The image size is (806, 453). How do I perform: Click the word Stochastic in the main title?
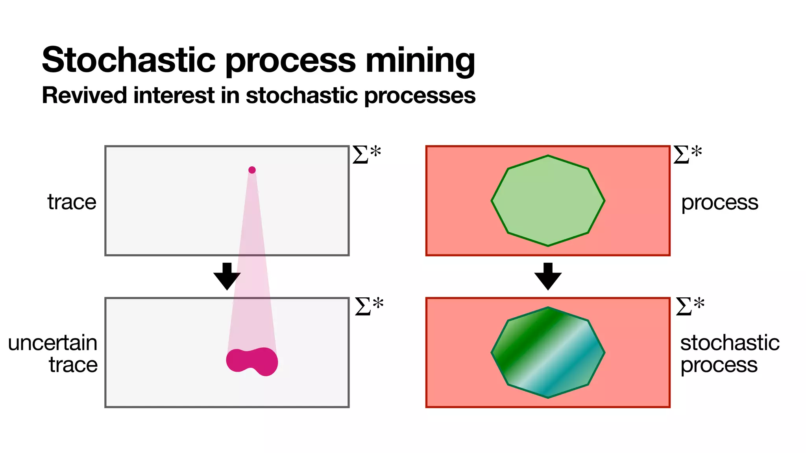point(129,60)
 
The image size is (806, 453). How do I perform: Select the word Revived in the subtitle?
point(84,96)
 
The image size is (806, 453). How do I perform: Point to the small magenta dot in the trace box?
point(252,170)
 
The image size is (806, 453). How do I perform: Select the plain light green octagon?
point(548,201)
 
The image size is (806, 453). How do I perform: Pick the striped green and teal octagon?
point(548,352)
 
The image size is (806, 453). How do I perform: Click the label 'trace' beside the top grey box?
point(72,202)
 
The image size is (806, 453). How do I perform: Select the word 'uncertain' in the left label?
point(53,343)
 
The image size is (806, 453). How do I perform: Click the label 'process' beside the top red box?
point(719,203)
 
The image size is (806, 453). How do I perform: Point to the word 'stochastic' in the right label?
point(730,343)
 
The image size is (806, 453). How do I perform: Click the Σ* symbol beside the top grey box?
point(366,154)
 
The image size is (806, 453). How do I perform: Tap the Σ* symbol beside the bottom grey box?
point(369,306)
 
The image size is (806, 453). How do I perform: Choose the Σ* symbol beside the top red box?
point(687,154)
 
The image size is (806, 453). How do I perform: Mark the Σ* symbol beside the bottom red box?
point(690,306)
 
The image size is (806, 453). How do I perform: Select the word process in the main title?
point(291,61)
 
